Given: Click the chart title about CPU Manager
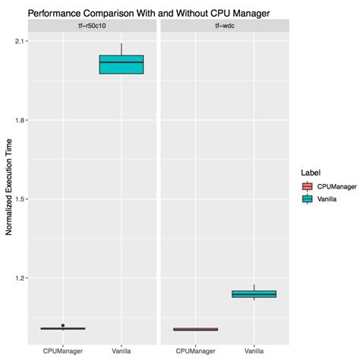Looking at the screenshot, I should (x=149, y=13).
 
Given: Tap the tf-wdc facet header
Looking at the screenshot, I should (x=225, y=27).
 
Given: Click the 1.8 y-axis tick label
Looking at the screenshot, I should (x=21, y=120).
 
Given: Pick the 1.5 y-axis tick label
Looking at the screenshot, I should (x=21, y=199).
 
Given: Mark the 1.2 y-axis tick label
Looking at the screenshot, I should (x=21, y=278).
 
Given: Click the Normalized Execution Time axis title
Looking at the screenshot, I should (x=10, y=187).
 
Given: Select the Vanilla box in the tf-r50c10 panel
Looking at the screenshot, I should (x=122, y=65).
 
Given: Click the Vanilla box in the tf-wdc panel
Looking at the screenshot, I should (x=254, y=294).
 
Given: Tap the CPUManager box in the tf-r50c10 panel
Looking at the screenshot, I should (x=63, y=328).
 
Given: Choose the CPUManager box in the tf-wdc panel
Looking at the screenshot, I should (x=196, y=329).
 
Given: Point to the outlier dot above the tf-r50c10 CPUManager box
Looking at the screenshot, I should (x=63, y=325).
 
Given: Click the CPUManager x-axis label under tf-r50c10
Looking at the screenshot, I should (x=63, y=351).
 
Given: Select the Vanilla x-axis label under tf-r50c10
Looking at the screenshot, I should (x=122, y=351).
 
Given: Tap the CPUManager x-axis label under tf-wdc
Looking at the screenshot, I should (x=196, y=351).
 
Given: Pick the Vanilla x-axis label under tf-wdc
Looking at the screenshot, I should (x=254, y=351).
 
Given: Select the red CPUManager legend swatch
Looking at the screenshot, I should (x=307, y=186).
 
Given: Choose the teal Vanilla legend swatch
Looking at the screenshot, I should (x=307, y=199).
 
